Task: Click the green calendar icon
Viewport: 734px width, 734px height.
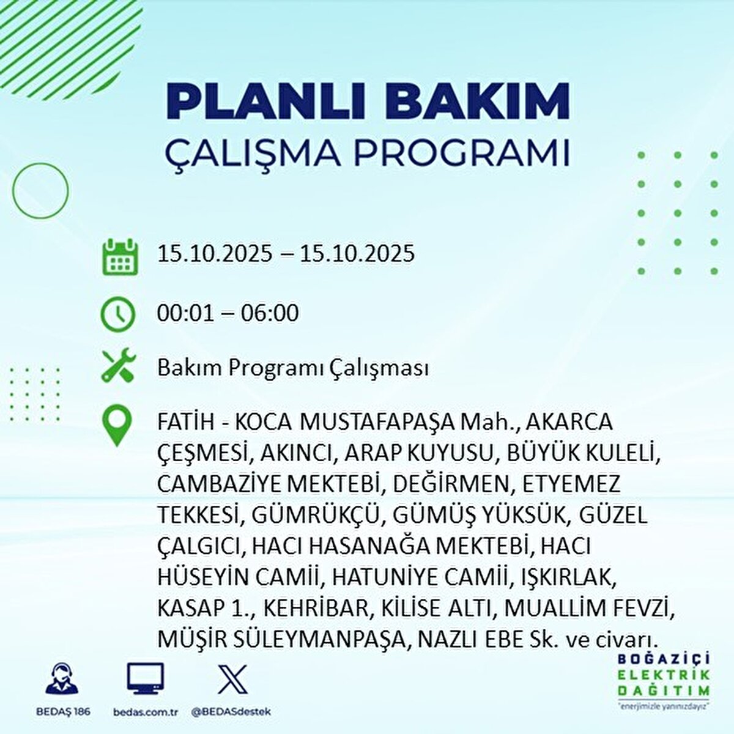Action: pos(120,257)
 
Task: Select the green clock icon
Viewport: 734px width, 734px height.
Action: pos(117,314)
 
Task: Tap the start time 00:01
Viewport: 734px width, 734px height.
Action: pos(185,314)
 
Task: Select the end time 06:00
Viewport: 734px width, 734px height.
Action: pos(270,314)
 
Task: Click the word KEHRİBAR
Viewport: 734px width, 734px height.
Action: pos(315,609)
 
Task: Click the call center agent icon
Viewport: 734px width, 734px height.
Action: pos(62,678)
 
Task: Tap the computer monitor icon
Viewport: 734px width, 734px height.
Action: pos(145,678)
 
